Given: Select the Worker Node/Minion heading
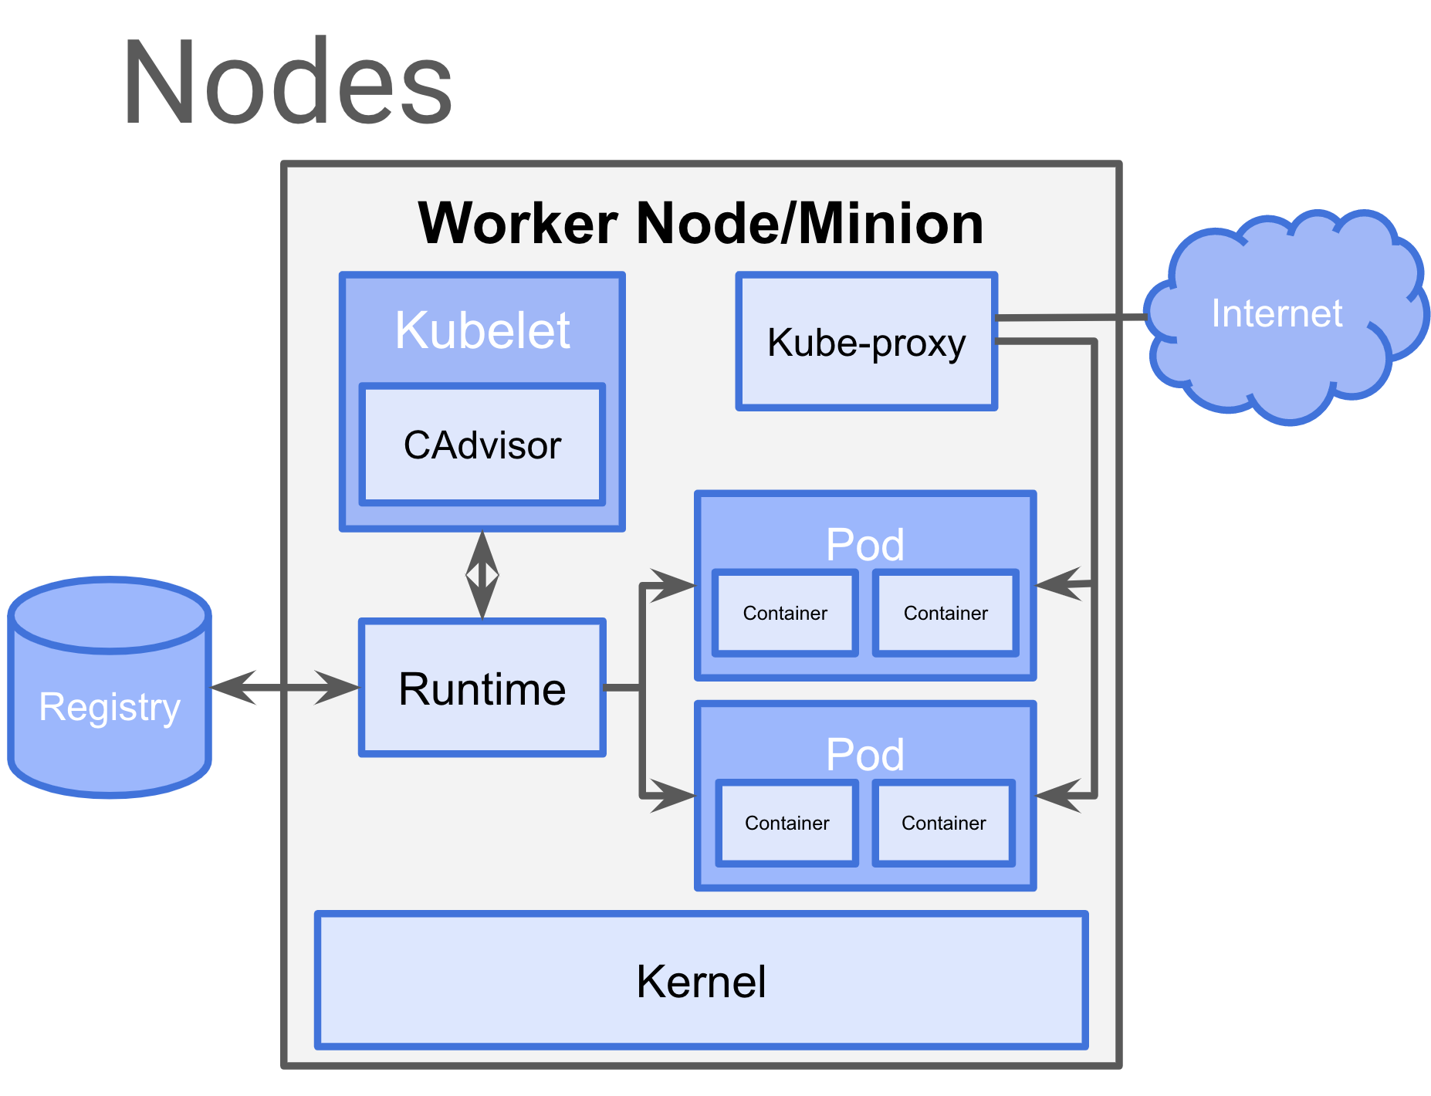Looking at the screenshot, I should [701, 224].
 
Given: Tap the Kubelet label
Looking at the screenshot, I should [482, 330].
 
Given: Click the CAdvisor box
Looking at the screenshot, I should [482, 445].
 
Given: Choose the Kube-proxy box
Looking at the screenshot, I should [866, 342].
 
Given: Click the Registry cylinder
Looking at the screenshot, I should [110, 706].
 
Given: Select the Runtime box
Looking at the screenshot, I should [482, 688].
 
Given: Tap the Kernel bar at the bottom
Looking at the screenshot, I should [701, 981].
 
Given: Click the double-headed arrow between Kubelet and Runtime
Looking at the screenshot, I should [482, 575].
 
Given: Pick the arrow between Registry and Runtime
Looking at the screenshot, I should [285, 687].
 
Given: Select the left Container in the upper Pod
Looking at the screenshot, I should [785, 614].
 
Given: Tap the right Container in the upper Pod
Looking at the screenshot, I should [946, 614].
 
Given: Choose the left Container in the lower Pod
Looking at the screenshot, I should [787, 824].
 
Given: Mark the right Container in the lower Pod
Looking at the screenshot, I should [943, 824].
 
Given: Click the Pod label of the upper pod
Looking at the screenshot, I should [864, 545].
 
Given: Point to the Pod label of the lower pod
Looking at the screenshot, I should [864, 754].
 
